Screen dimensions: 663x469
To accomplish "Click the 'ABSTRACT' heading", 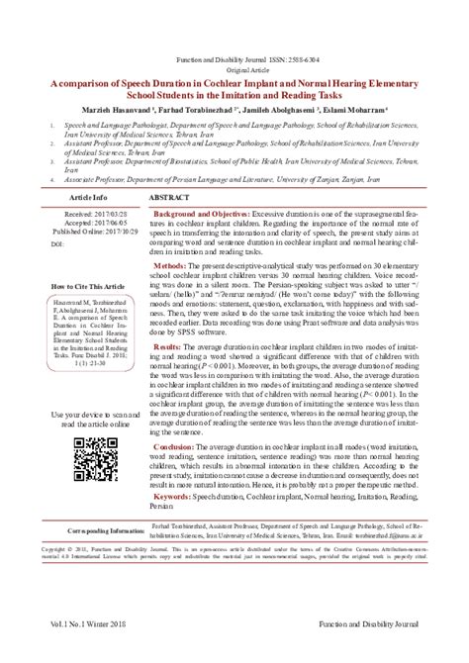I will click(170, 199).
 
